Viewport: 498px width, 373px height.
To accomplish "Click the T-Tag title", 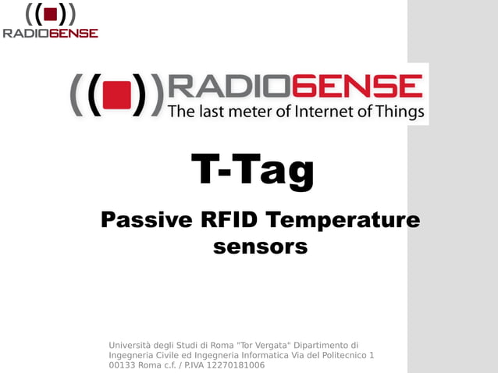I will (252, 171).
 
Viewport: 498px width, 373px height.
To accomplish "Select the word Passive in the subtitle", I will (146, 221).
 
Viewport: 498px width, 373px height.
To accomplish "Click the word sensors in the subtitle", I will (260, 247).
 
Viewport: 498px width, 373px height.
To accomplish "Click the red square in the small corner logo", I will (50, 15).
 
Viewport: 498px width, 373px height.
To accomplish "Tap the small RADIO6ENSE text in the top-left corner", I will (50, 34).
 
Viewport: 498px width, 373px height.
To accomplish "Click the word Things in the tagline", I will (401, 111).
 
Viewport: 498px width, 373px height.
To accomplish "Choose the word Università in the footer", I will (132, 345).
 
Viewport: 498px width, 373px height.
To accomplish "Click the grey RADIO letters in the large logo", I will (234, 86).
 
